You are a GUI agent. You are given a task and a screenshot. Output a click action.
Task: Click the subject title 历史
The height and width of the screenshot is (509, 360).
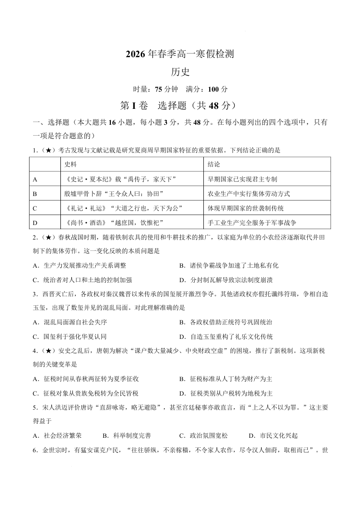[x=180, y=72]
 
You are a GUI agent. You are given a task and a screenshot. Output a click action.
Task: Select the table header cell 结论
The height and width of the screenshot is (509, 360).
[x=214, y=164]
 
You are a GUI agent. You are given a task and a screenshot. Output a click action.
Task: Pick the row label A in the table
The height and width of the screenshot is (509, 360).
[x=35, y=179]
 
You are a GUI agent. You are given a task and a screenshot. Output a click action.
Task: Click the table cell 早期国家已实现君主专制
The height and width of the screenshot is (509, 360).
[x=242, y=179]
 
